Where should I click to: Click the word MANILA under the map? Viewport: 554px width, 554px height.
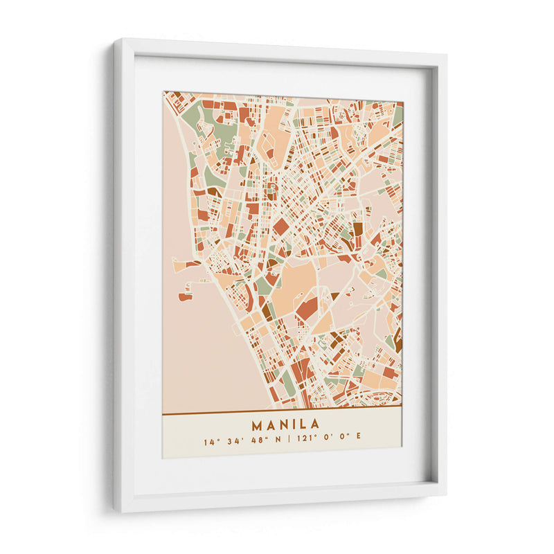click(285, 424)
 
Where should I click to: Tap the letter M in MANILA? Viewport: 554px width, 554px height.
click(258, 424)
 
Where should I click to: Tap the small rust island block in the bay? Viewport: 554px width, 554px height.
click(185, 296)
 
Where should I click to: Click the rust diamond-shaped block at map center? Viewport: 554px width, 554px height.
click(280, 226)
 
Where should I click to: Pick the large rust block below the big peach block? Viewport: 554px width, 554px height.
click(307, 308)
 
